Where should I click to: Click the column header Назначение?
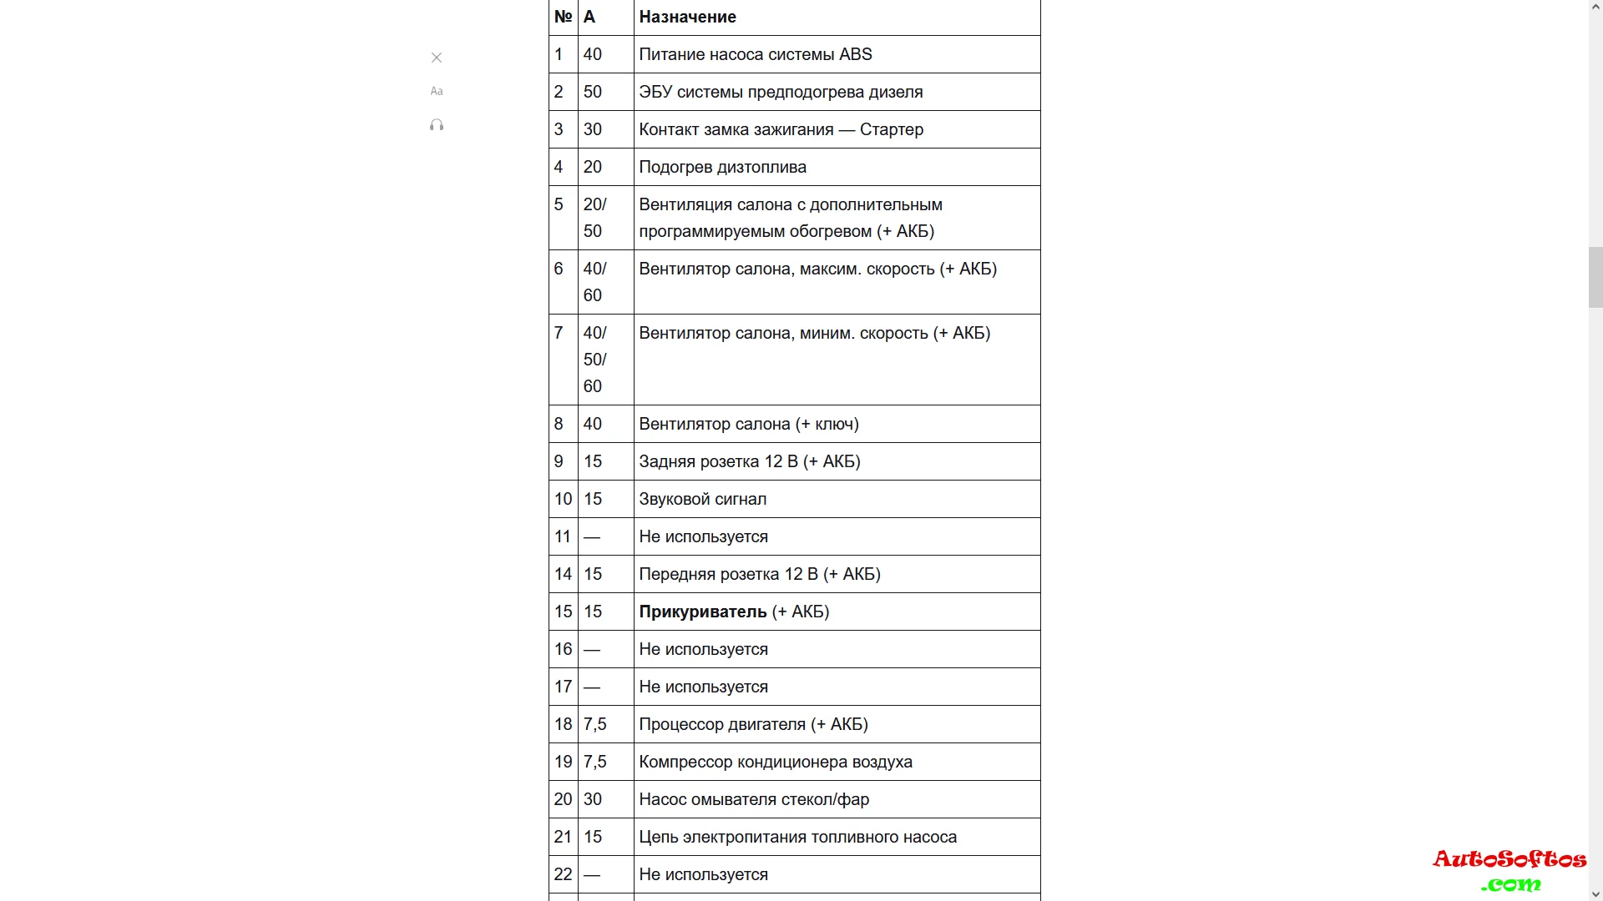687,17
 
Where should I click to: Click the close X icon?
437,58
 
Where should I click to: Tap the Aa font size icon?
437,91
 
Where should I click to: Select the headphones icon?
437,125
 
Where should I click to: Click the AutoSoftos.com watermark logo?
1509,870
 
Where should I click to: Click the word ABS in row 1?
855,54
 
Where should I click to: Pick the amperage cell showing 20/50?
594,218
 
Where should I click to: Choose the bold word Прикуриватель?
702,612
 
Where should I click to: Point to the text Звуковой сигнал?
702,499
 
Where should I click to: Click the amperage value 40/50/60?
594,360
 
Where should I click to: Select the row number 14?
563,574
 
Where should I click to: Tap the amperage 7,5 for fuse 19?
594,762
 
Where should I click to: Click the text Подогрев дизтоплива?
722,167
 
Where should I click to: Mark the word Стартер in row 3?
891,129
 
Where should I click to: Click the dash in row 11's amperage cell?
592,537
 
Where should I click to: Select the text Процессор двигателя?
722,724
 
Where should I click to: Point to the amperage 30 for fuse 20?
593,799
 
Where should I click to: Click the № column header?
563,17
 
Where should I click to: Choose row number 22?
563,874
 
